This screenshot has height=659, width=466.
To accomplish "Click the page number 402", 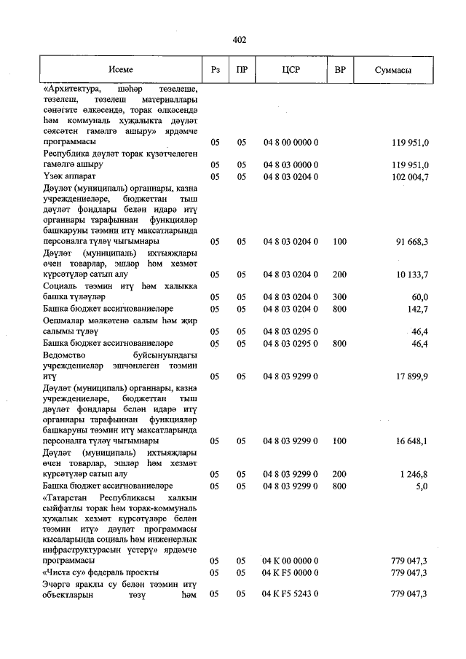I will pyautogui.click(x=240, y=40).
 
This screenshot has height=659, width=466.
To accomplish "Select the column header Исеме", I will pyautogui.click(x=121, y=70).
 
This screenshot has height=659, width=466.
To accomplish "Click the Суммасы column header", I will pyautogui.click(x=393, y=70).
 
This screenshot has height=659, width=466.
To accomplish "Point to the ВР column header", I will pyautogui.click(x=339, y=70).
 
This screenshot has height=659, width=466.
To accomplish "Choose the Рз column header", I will pyautogui.click(x=215, y=70).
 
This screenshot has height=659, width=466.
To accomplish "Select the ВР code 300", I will pyautogui.click(x=339, y=296).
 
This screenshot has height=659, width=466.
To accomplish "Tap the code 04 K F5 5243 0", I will pyautogui.click(x=291, y=594).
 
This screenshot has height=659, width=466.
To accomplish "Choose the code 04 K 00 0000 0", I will pyautogui.click(x=291, y=561).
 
